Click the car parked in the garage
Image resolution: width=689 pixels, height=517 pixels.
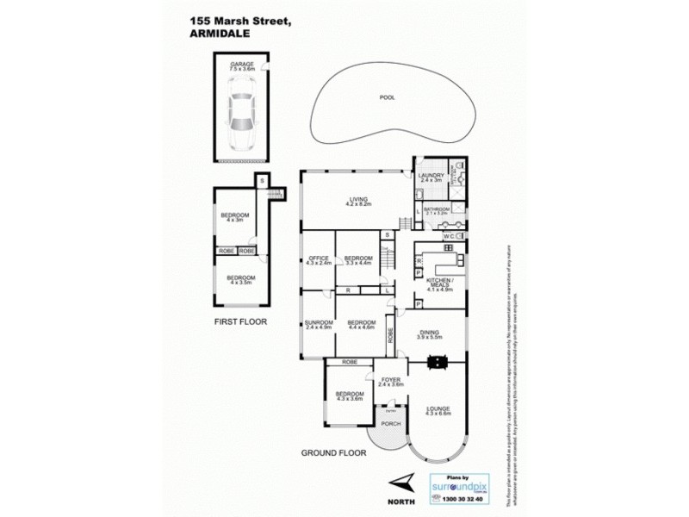point(239,112)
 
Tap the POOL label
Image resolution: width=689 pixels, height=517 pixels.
point(387,97)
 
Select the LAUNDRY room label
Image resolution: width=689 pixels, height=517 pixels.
point(430,178)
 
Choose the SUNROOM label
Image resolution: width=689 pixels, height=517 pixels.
point(317,325)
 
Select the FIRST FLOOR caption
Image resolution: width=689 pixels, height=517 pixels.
point(240,321)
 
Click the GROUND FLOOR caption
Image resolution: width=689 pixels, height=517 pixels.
point(331,452)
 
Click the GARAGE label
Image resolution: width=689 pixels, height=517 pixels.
point(240,65)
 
